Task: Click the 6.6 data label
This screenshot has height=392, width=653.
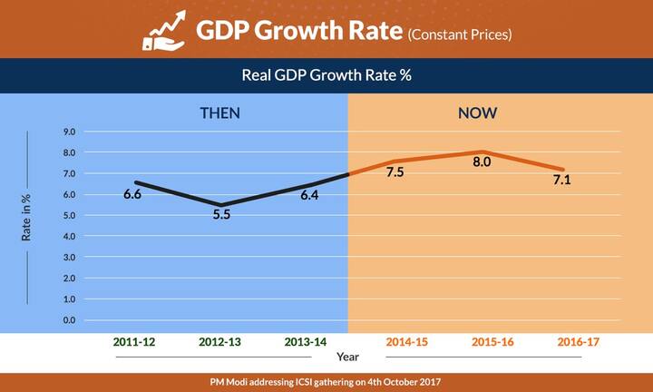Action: click(x=132, y=193)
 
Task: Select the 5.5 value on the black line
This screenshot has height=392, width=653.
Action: click(x=222, y=216)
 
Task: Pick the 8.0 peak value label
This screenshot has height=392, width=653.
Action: click(x=482, y=162)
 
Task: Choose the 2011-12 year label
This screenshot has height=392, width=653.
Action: click(x=133, y=343)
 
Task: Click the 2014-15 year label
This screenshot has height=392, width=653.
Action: click(x=408, y=343)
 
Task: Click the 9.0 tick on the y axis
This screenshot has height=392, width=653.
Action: click(x=69, y=132)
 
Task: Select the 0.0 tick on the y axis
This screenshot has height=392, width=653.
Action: click(x=69, y=320)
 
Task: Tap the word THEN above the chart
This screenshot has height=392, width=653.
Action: click(x=220, y=113)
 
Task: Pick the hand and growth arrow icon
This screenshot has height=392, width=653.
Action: click(x=164, y=31)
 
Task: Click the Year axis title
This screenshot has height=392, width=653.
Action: click(x=348, y=358)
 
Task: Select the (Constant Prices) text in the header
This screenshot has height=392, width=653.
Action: click(x=459, y=35)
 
